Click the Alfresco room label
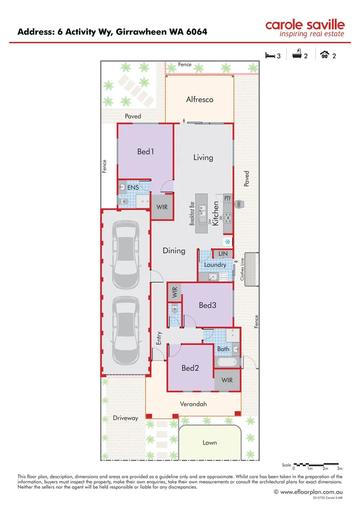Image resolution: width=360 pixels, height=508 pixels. (200, 99)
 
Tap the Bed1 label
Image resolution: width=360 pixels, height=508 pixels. (146, 151)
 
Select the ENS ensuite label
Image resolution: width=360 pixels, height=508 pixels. (127, 188)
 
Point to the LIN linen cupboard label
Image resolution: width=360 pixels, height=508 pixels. (223, 254)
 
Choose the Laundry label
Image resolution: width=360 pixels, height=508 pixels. (215, 265)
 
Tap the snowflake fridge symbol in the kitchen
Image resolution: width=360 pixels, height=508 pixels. (227, 242)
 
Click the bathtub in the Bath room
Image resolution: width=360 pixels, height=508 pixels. (227, 363)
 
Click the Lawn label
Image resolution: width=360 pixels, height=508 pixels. (210, 442)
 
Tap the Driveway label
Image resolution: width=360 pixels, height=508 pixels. (126, 418)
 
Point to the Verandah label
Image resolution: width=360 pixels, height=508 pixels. (193, 404)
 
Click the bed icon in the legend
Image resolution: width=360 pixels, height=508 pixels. (270, 56)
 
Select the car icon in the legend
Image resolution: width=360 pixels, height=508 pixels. (324, 56)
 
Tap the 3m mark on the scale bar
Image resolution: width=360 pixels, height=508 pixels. (340, 468)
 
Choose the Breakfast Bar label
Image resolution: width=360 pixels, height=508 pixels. (192, 214)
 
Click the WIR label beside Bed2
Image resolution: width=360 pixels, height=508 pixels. (227, 380)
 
